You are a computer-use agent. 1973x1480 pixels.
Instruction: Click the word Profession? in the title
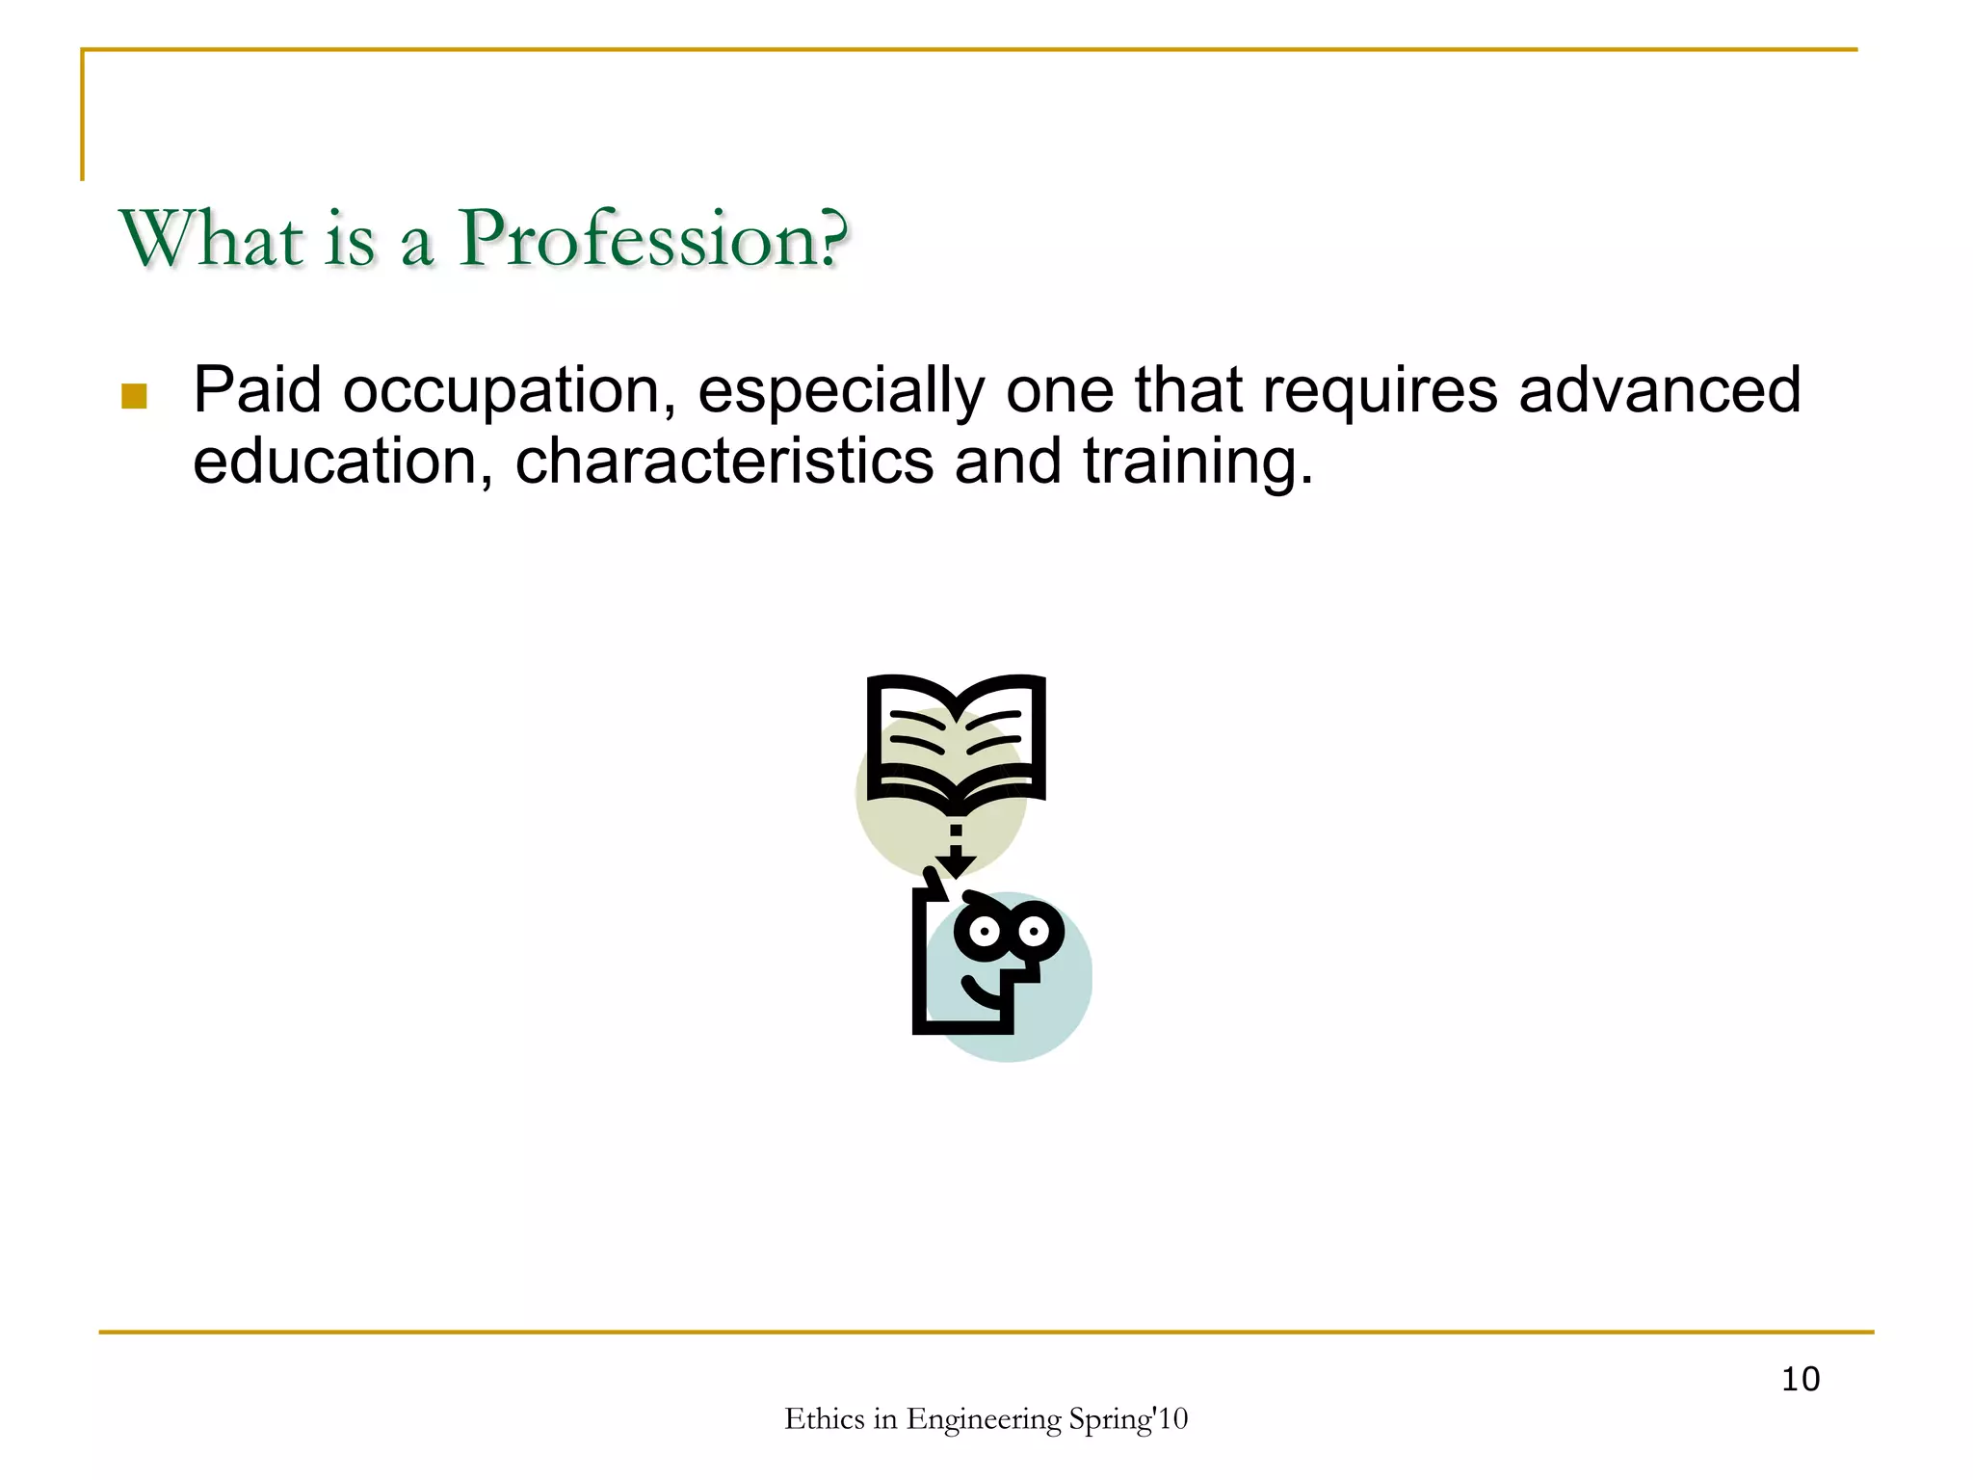[x=653, y=239]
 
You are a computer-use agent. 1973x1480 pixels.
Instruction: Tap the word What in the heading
[x=211, y=239]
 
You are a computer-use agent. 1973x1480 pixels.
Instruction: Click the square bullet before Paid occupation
[x=134, y=396]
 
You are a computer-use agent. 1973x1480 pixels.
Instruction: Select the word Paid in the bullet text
[x=257, y=390]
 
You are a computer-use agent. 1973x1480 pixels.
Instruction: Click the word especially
[x=840, y=392]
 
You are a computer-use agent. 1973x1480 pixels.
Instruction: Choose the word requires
[x=1380, y=392]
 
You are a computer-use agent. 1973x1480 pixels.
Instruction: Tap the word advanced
[x=1659, y=390]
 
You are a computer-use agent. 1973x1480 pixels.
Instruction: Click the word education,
[x=343, y=462]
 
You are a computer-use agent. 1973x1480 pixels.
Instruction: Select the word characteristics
[x=724, y=462]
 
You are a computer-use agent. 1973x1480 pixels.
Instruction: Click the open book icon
[x=956, y=740]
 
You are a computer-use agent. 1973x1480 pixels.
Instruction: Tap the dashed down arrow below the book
[x=956, y=854]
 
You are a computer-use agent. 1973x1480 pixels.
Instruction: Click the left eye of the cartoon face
[x=985, y=931]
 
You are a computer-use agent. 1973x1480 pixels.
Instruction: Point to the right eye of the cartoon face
[x=1035, y=931]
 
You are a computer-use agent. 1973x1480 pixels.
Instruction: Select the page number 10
[x=1800, y=1380]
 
